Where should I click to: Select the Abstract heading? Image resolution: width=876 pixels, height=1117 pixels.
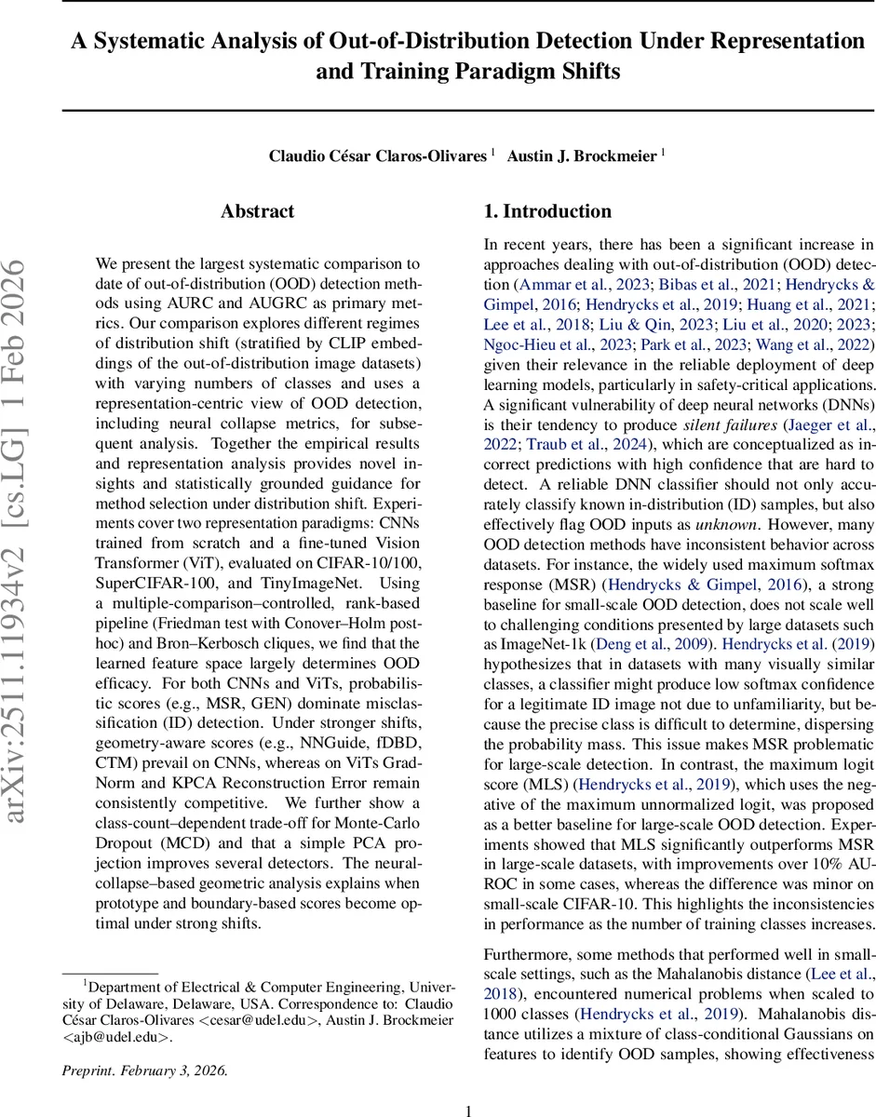point(258,211)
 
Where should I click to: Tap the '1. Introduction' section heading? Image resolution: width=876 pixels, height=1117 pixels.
point(547,211)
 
